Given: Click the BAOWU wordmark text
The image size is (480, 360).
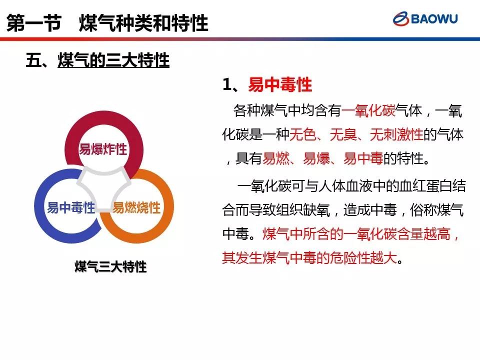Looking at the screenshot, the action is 434,18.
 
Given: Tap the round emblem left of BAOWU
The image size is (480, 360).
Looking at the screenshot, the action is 400,18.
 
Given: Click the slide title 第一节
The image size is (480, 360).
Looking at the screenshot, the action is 34,23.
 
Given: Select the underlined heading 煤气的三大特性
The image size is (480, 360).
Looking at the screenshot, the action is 113,60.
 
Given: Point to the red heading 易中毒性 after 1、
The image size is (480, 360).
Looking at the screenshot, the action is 280,84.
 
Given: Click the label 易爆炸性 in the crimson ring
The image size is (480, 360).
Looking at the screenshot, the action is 103,149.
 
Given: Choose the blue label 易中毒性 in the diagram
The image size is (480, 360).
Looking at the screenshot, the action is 71,207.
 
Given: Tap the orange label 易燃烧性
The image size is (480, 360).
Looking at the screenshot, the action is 136,207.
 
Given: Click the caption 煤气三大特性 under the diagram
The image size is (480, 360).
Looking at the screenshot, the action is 111,266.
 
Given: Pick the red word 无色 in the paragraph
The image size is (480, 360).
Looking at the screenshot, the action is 302,134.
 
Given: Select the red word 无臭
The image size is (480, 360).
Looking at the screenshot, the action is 343,134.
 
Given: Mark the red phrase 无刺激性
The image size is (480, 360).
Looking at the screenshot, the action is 396,134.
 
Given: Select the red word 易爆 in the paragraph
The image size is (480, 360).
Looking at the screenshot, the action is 316,158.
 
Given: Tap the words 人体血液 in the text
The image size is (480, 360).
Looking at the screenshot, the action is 345,186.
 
